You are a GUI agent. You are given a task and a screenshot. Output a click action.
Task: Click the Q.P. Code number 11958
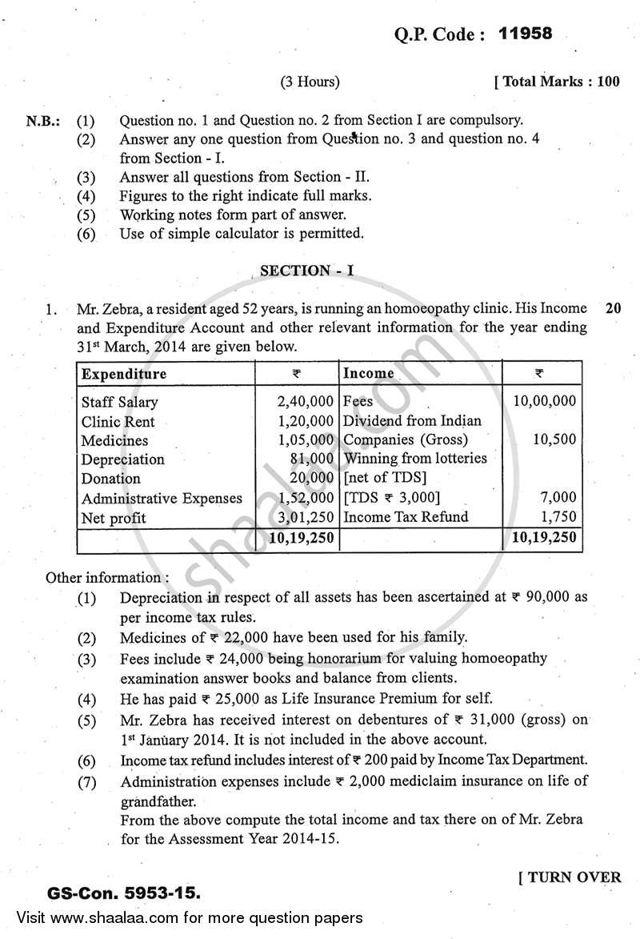(525, 34)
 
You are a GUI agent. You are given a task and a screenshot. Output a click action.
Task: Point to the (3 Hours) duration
(310, 82)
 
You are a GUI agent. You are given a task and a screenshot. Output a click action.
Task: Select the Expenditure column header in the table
(124, 374)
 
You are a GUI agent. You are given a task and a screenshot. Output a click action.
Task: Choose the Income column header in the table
(368, 374)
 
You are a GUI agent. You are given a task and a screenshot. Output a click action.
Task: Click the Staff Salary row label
(119, 402)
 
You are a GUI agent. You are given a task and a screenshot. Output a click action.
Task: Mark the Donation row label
(110, 479)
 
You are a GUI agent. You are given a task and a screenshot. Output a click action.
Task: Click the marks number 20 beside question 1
(614, 308)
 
